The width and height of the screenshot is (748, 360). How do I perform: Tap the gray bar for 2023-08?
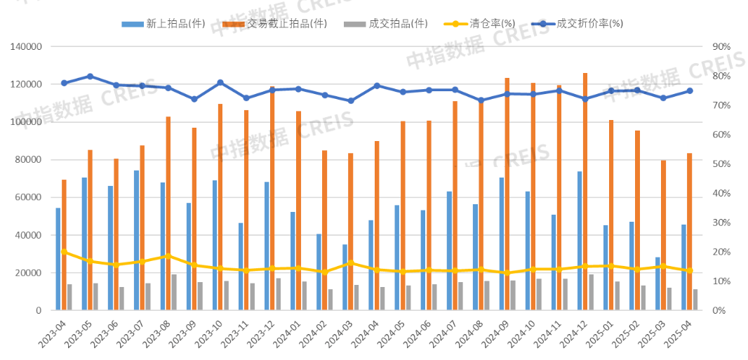[174, 292]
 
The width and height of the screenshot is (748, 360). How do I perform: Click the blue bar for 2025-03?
[658, 284]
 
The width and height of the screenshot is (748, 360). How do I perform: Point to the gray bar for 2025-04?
[695, 300]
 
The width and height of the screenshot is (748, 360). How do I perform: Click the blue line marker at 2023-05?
[90, 76]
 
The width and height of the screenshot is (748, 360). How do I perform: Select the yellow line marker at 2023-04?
[64, 251]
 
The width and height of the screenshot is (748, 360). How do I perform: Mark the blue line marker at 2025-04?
[690, 91]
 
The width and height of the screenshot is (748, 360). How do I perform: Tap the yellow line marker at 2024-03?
[351, 263]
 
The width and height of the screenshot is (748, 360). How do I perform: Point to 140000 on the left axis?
[27, 47]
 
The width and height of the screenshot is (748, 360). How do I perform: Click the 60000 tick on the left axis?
[29, 197]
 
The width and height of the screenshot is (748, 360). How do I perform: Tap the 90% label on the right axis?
[721, 47]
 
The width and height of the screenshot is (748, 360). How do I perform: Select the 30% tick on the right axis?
[721, 222]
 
